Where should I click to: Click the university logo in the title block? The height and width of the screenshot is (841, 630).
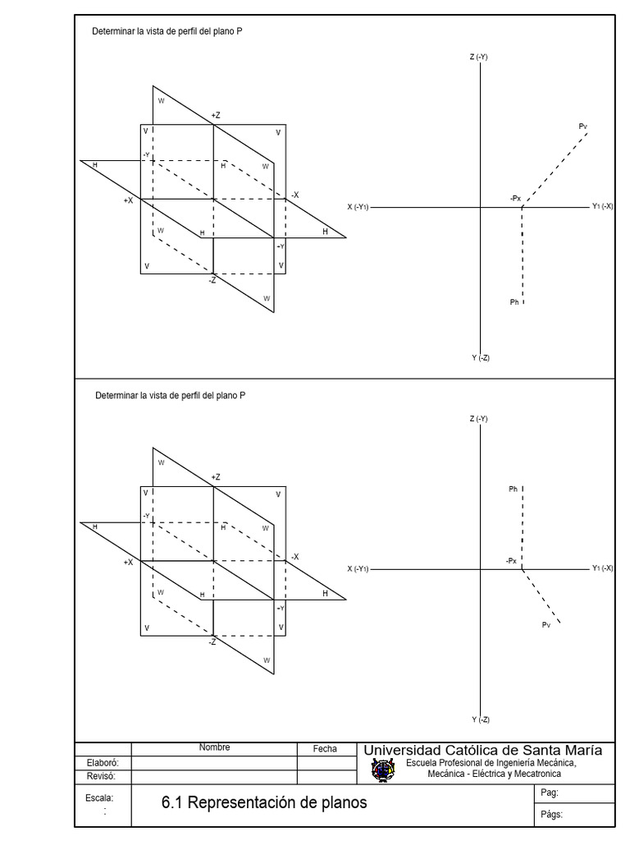tap(382, 770)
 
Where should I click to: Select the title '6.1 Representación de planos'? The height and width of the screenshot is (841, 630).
tap(265, 802)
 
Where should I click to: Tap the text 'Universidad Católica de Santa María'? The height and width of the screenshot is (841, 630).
tap(482, 750)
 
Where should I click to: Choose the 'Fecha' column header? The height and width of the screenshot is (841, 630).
tap(325, 748)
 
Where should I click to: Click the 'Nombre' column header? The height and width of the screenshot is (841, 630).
tap(214, 747)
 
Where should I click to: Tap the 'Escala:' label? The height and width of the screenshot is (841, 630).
tap(99, 797)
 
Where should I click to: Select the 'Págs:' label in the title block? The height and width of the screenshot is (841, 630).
tap(551, 815)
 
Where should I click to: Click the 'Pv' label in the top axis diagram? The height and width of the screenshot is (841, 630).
tap(582, 126)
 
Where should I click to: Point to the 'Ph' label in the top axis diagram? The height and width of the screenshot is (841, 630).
tap(514, 302)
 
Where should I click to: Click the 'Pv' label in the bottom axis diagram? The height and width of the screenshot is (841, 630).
tap(546, 625)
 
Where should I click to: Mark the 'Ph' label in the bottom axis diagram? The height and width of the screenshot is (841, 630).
tap(513, 489)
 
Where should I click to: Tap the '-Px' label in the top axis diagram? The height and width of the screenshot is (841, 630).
tap(514, 198)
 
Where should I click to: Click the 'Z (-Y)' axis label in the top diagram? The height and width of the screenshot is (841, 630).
tap(479, 57)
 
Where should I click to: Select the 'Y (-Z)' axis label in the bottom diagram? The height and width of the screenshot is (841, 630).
tap(480, 719)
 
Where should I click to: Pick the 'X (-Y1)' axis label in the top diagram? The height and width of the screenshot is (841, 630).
tap(358, 207)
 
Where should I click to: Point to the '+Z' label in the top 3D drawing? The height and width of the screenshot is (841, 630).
tap(216, 116)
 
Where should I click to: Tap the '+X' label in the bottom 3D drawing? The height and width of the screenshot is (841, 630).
tap(128, 563)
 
